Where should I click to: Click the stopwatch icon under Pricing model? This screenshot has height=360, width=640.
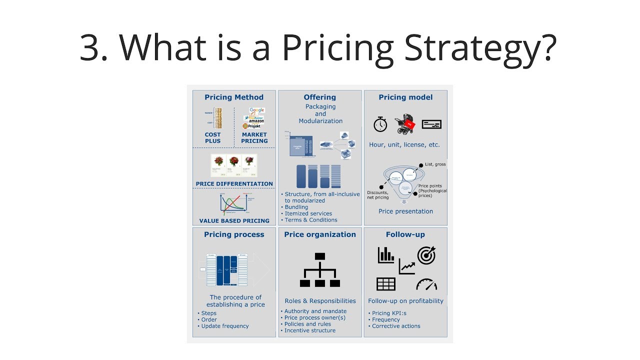380,124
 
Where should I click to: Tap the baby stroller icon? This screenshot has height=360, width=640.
404,124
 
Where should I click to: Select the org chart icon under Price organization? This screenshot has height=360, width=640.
320,270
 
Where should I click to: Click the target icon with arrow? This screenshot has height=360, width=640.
426,255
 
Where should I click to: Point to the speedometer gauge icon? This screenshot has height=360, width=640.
426,284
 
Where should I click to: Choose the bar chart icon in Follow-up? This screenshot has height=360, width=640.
386,255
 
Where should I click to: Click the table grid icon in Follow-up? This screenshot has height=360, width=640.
386,284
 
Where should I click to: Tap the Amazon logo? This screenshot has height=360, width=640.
255,121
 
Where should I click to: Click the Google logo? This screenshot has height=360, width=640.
256,110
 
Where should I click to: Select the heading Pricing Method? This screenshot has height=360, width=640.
234,97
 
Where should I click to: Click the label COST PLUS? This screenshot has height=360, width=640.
212,137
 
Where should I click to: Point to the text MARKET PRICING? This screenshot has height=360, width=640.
254,137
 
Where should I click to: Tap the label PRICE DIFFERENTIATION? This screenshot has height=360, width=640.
234,184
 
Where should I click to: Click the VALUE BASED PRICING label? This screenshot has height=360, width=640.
234,220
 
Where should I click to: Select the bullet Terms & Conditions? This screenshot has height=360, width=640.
310,220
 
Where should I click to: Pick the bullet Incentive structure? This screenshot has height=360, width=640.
310,330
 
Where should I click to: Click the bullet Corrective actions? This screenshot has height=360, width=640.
396,326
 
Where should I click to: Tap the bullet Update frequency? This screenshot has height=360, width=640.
224,326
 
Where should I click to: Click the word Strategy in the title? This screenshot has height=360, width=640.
480,48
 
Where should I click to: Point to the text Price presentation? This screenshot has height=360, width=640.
405,211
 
